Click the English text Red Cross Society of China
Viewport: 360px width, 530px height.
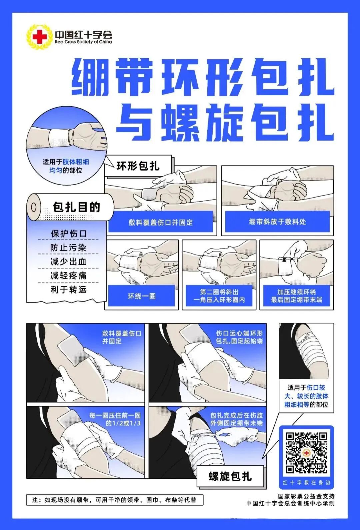point(83,42)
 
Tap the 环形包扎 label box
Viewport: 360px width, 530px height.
point(138,166)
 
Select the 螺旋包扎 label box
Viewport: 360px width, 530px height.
point(230,476)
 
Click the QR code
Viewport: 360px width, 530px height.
point(306,452)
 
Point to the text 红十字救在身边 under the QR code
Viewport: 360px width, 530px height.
point(306,483)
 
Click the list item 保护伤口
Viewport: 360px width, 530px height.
point(69,234)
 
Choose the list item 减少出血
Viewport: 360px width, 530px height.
point(69,262)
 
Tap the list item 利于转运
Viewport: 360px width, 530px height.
point(69,289)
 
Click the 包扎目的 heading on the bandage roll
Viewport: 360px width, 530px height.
point(76,207)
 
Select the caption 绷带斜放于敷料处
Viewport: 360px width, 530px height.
point(277,222)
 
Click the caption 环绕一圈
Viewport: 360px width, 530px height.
point(142,296)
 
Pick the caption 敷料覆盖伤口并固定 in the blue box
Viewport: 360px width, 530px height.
point(161,223)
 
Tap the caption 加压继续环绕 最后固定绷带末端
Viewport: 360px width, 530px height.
point(296,296)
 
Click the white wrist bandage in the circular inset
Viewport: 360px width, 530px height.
point(59,138)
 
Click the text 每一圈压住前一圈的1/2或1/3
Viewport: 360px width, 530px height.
point(115,419)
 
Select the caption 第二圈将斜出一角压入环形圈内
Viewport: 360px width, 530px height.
point(219,296)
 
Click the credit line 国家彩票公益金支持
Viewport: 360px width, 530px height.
point(306,496)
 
